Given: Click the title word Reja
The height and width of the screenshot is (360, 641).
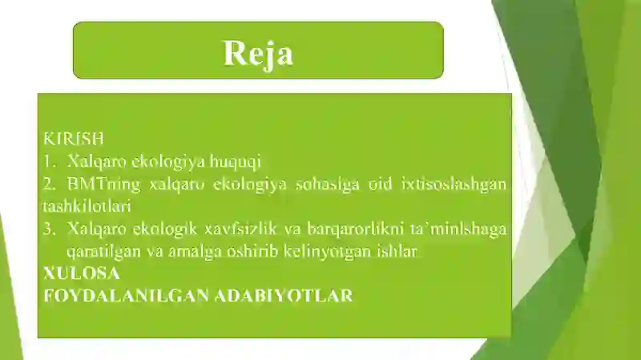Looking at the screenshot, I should [x=258, y=52].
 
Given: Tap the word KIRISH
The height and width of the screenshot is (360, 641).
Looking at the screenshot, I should [x=74, y=139].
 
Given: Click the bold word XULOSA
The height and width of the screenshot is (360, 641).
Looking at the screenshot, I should [x=81, y=273].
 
